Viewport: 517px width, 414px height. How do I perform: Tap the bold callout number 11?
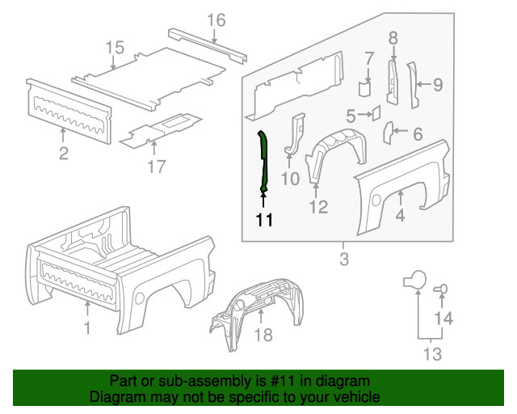pyautogui.click(x=264, y=219)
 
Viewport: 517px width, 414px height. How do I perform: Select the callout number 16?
pyautogui.click(x=216, y=20)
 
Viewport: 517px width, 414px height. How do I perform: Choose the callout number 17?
pyautogui.click(x=156, y=167)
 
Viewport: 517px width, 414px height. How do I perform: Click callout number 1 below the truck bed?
pyautogui.click(x=88, y=327)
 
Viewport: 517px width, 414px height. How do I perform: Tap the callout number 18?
pyautogui.click(x=263, y=334)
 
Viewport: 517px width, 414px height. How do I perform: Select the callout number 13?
pyautogui.click(x=432, y=354)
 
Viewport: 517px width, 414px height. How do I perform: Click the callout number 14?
pyautogui.click(x=444, y=318)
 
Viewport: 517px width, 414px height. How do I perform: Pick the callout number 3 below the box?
pyautogui.click(x=343, y=260)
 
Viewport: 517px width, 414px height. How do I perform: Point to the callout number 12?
pyautogui.click(x=318, y=208)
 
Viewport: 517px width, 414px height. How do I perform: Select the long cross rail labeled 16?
pyautogui.click(x=208, y=42)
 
